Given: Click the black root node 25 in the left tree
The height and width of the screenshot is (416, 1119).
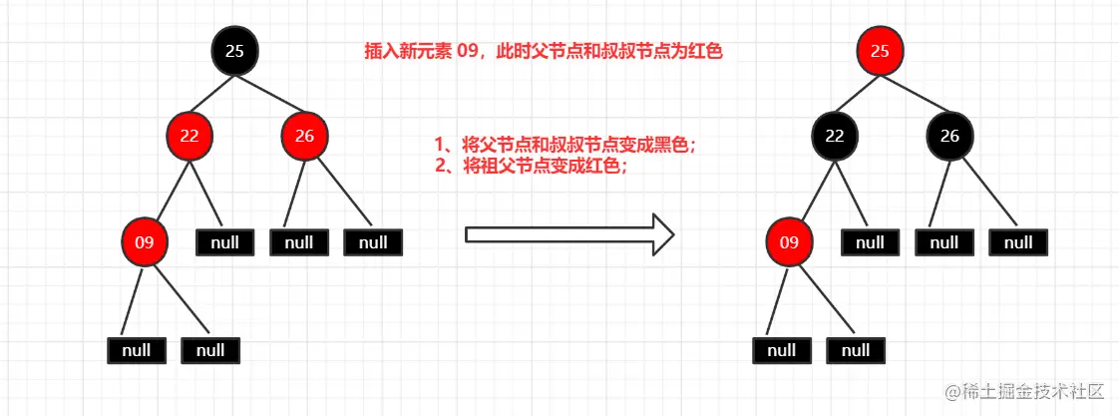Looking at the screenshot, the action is coord(235,51).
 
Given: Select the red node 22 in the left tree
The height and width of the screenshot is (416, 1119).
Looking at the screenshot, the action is coord(189,137).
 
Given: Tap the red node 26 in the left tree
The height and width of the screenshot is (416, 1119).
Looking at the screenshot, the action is coord(305,137).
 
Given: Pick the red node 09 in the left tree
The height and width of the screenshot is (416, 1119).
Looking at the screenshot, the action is coord(145,241).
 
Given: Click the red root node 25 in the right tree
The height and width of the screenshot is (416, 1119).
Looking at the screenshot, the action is coord(880,51).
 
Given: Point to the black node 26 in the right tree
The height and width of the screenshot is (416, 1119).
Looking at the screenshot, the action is coord(949,137).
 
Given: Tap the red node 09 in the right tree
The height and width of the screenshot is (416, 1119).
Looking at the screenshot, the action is coord(789,241).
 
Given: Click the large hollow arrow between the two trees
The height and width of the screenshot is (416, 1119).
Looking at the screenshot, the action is coord(569,234).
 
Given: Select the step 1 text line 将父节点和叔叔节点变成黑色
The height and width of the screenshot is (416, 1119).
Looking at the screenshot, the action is coord(565,146).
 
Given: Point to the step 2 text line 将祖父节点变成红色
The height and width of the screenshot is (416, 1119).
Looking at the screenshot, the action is coord(532,166).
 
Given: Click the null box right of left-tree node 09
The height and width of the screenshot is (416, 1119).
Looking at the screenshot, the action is coord(225,242).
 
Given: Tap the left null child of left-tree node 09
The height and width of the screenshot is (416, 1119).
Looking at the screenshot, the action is coord(136,350).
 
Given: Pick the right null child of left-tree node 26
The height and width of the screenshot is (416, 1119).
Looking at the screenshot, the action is coord(372,242).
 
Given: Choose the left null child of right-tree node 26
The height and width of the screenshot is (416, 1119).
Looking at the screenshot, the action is coord(943,242).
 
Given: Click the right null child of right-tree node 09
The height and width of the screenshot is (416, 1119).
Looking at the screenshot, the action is coord(855,350).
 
